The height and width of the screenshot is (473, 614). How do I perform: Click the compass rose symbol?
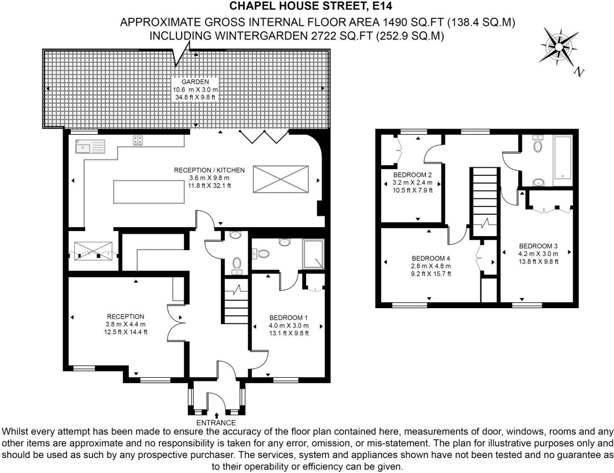point(557,46)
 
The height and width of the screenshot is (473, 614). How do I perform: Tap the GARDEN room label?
point(195,82)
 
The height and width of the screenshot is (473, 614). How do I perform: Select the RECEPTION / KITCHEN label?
point(209,170)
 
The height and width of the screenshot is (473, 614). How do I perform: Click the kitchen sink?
point(82,147)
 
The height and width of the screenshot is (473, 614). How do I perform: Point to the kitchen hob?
point(138,140)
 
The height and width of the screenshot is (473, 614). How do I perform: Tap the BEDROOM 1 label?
point(288,318)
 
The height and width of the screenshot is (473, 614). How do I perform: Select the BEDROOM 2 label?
point(412,175)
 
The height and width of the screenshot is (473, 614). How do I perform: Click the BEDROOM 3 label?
point(538,246)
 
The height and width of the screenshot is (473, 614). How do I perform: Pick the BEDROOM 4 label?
point(431,259)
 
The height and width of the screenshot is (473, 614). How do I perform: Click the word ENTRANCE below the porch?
point(216,423)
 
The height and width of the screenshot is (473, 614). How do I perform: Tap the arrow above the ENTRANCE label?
point(217,415)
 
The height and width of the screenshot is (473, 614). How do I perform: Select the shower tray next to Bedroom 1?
point(313,254)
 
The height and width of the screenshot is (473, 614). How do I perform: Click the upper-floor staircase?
point(484,201)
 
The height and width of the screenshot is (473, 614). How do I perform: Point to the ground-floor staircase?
point(236,301)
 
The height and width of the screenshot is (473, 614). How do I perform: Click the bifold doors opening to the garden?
point(264,136)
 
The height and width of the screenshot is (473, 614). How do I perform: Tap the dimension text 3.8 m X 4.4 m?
point(125,324)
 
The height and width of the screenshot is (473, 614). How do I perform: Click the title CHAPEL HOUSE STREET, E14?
point(310,6)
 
